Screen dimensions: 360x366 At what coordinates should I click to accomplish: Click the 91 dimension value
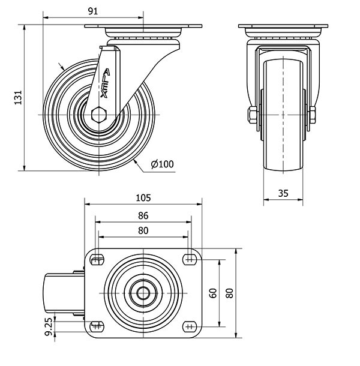pos(93,11)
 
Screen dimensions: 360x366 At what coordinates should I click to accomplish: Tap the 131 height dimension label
pos(18,97)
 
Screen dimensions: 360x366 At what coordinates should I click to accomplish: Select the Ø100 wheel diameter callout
pos(162,164)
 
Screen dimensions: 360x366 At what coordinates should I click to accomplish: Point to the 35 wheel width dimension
pos(283,193)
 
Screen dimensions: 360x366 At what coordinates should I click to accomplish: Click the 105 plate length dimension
pos(143,198)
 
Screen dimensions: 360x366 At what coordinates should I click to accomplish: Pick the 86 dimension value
pos(143,215)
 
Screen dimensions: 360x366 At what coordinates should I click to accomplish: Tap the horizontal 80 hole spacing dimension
pos(143,230)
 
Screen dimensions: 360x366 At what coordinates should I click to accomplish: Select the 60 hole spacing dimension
pos(213,293)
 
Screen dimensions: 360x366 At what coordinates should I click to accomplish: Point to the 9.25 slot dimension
pos(49,326)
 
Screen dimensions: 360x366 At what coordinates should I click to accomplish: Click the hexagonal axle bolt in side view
pos(99,115)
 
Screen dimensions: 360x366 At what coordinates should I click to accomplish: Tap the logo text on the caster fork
pos(105,83)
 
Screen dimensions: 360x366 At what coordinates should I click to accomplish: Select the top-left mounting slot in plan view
pos(97,260)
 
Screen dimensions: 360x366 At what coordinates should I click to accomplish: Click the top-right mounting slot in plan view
pos(190,260)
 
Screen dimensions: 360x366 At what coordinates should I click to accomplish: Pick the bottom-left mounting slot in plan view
pos(97,326)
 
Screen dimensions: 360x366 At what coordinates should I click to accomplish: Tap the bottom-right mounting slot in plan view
pos(190,326)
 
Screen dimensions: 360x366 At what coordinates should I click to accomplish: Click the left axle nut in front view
pos(253,115)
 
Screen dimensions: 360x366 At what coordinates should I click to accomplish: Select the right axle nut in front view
pos(312,115)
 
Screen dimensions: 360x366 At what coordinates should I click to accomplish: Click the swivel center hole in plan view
pos(143,293)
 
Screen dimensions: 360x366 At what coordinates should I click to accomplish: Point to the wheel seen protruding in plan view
pos(64,293)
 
